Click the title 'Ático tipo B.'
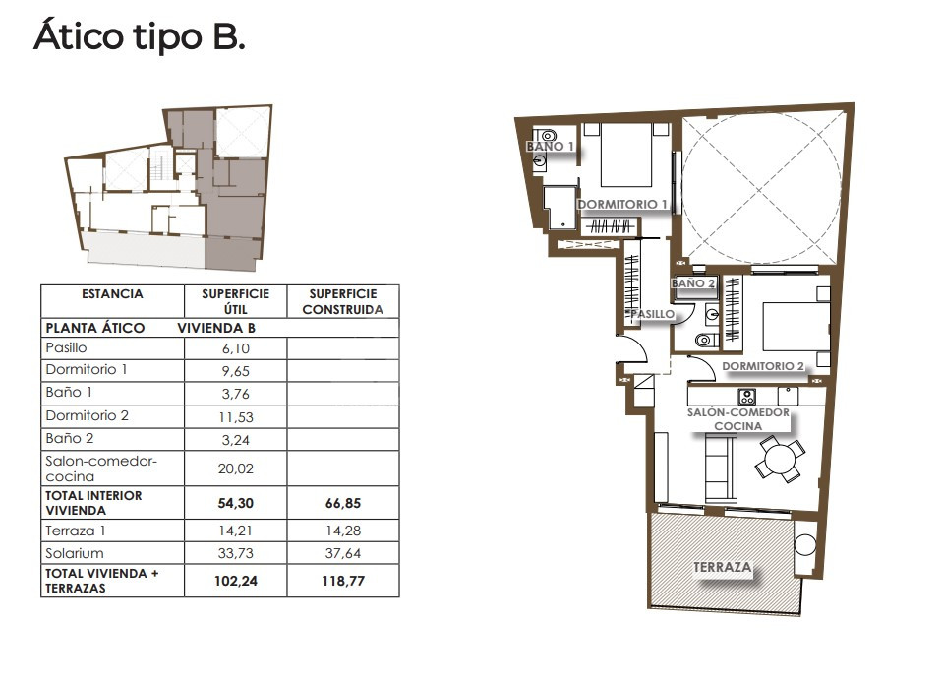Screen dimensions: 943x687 pyautogui.click(x=139, y=36)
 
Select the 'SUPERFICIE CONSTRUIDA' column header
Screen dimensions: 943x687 pyautogui.click(x=343, y=301)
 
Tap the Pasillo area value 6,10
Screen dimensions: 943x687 pyautogui.click(x=235, y=348)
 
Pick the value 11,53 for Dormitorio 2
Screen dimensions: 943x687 pyautogui.click(x=236, y=417)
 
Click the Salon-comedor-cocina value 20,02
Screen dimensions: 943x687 pyautogui.click(x=236, y=468)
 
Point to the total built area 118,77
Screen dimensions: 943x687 pyautogui.click(x=343, y=581)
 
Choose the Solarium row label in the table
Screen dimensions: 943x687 pyautogui.click(x=75, y=553)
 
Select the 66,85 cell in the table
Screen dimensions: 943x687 pyautogui.click(x=343, y=503)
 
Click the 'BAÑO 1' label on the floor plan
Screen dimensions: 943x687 pyautogui.click(x=551, y=147)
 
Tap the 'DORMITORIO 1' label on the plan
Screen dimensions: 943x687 pyautogui.click(x=622, y=204)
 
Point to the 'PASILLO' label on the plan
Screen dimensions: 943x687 pyautogui.click(x=653, y=314)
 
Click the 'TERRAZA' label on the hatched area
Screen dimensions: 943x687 pyautogui.click(x=723, y=567)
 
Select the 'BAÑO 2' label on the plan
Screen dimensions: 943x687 pyautogui.click(x=693, y=283)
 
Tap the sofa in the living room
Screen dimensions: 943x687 pyautogui.click(x=721, y=468)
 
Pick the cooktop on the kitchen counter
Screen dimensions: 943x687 pyautogui.click(x=747, y=397)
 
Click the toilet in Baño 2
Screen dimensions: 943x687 pyautogui.click(x=707, y=341)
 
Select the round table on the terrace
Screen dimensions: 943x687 pyautogui.click(x=804, y=545)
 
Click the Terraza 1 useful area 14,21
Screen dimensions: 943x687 pyautogui.click(x=235, y=531)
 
